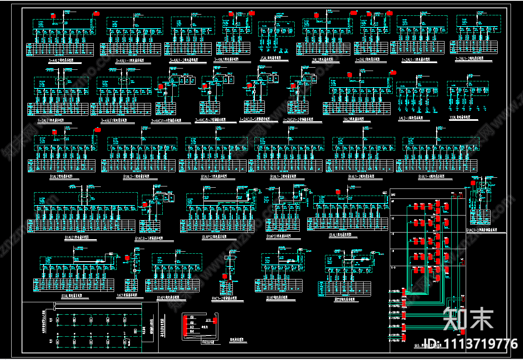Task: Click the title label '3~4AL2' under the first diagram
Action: pos(60,61)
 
